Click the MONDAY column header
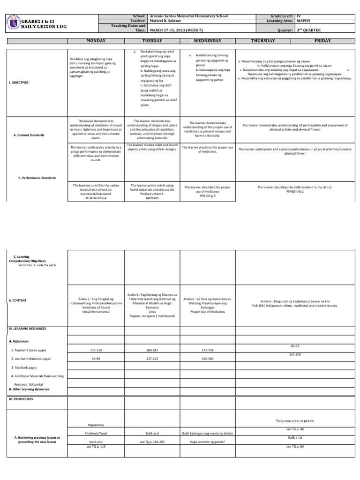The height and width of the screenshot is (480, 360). pos(96,41)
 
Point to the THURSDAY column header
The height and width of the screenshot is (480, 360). pos(263,41)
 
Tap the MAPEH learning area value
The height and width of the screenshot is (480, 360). pos(305,21)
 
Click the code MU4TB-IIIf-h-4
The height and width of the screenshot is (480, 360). pos(96,198)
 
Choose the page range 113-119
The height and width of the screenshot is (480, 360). pos(96,350)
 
